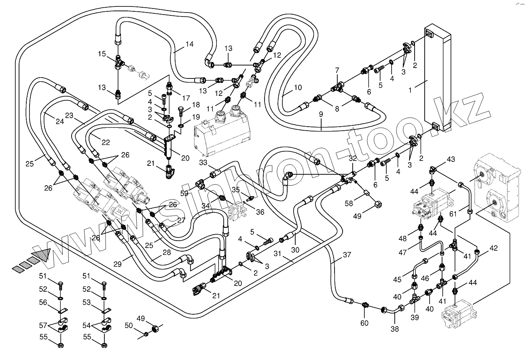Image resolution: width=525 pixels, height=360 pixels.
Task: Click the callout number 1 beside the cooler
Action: (x=411, y=91)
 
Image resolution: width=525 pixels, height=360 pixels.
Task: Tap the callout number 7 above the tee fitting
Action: (x=337, y=71)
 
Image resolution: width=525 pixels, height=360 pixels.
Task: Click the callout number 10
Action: (x=298, y=87)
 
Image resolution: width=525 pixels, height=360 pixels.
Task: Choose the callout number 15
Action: (x=102, y=54)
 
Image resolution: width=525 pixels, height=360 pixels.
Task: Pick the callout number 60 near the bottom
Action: (x=364, y=323)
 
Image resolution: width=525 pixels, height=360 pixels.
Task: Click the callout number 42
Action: (x=493, y=248)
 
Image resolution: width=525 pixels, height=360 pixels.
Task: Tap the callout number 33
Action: (x=203, y=163)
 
